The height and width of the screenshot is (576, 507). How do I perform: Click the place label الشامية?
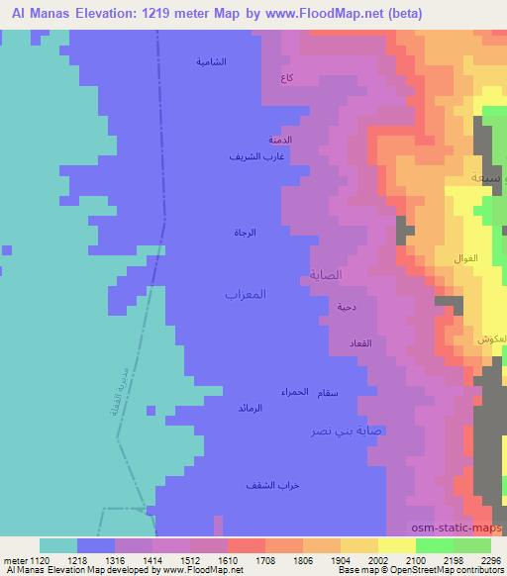(x=211, y=61)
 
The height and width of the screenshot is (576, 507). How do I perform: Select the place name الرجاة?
(x=246, y=233)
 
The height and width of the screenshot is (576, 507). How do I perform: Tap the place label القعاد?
(x=359, y=342)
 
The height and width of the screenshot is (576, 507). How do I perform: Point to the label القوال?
(x=465, y=258)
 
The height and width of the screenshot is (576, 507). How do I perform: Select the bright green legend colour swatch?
(x=435, y=545)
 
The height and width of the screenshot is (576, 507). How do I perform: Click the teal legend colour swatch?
(x=58, y=545)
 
